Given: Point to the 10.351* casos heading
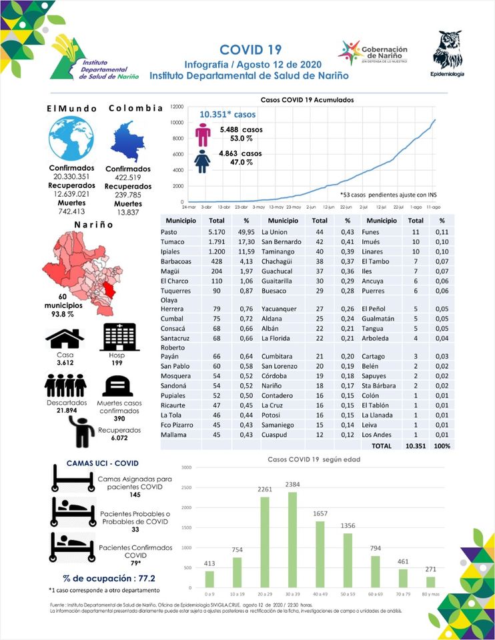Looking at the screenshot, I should pos(227,114).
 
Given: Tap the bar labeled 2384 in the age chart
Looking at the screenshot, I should pos(292,540).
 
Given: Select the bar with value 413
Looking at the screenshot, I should pos(209,579).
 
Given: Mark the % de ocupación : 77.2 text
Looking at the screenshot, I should pos(108,578).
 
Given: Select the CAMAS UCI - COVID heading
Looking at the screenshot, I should pos(103,463).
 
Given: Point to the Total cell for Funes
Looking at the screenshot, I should pos(416,231).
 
